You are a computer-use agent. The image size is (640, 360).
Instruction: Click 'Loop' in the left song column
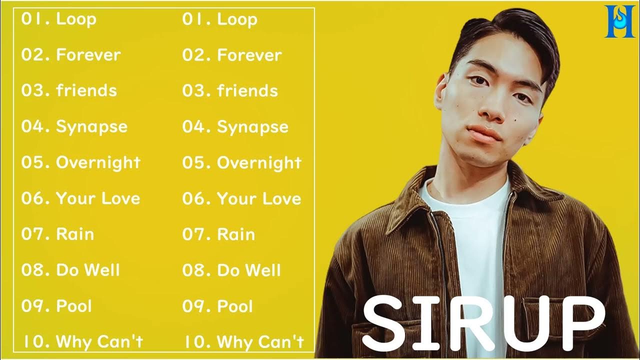(76, 19)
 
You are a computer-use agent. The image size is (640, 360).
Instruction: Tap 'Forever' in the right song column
(249, 55)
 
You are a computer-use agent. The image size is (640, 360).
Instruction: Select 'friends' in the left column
(86, 90)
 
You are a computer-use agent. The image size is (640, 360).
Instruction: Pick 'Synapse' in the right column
(252, 127)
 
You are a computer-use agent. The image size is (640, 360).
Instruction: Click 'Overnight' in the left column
(98, 162)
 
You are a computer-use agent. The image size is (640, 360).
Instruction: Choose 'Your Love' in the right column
(259, 198)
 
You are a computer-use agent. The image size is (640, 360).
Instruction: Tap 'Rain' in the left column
(75, 234)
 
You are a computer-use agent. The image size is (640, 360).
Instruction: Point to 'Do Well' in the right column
(249, 270)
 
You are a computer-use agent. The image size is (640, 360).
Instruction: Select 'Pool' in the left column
(74, 306)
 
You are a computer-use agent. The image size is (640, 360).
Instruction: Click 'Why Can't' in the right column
(260, 342)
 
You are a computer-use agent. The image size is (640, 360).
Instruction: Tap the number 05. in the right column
(196, 162)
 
